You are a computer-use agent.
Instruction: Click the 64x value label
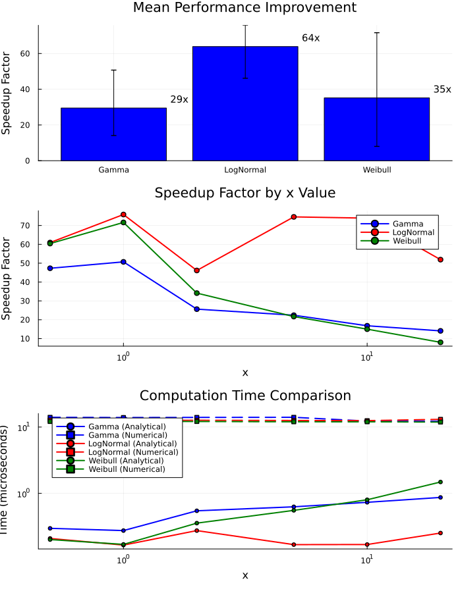[x=310, y=38]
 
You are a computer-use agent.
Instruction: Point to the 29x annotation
[x=179, y=99]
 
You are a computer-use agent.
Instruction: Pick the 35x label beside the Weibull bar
[x=442, y=90]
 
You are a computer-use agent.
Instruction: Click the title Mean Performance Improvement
[x=244, y=8]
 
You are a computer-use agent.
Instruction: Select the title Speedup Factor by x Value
[x=244, y=193]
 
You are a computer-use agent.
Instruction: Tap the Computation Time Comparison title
[x=244, y=396]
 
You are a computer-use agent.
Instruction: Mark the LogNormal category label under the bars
[x=245, y=170]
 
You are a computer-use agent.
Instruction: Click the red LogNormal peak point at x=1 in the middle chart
[x=123, y=215]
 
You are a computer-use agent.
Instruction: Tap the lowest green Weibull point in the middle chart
[x=440, y=342]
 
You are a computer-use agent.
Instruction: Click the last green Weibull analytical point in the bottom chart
[x=440, y=482]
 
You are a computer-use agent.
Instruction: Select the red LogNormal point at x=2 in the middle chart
[x=196, y=270]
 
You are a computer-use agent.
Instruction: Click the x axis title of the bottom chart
[x=245, y=575]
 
